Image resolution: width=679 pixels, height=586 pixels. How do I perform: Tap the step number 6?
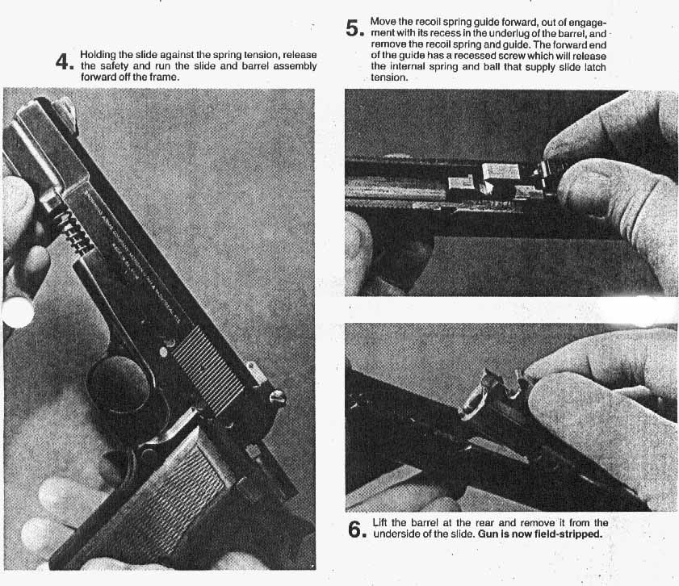coord(355,529)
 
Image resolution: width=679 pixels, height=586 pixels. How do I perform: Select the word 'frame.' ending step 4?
coord(162,77)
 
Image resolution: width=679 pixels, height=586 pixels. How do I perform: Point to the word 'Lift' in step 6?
coord(381,523)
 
